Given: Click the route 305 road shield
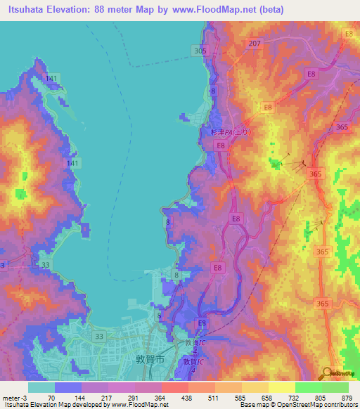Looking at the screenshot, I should click(x=200, y=51).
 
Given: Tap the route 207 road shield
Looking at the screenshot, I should click(x=255, y=44).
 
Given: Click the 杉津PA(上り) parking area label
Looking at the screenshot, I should click(x=229, y=131).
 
